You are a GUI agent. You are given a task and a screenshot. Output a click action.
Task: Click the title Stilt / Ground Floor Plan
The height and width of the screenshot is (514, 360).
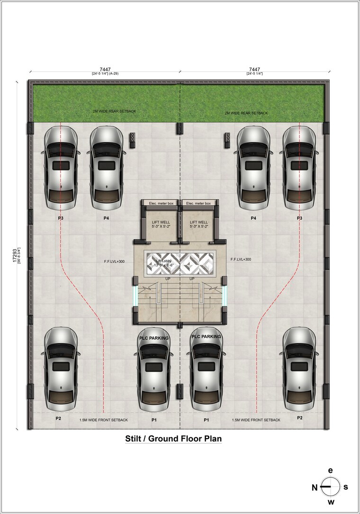tap(173, 439)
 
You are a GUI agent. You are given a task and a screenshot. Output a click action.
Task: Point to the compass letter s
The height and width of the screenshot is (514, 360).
tap(346, 487)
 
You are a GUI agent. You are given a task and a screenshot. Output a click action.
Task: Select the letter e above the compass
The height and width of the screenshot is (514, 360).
tap(331, 470)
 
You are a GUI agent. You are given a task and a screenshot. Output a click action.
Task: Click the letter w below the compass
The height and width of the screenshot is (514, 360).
tap(331, 502)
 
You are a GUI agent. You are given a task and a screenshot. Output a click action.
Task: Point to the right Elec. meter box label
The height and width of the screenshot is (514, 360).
tap(198, 204)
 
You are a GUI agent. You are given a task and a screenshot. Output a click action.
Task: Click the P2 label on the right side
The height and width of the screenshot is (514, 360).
tap(299, 418)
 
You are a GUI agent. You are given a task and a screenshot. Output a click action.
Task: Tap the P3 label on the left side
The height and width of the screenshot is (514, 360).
tap(60, 218)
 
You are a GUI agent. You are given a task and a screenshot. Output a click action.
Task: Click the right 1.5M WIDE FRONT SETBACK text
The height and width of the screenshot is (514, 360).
tap(256, 420)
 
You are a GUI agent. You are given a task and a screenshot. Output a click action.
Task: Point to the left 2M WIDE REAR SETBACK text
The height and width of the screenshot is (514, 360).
tap(114, 111)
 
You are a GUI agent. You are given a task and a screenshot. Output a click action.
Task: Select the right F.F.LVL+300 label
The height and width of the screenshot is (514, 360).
tap(241, 260)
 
